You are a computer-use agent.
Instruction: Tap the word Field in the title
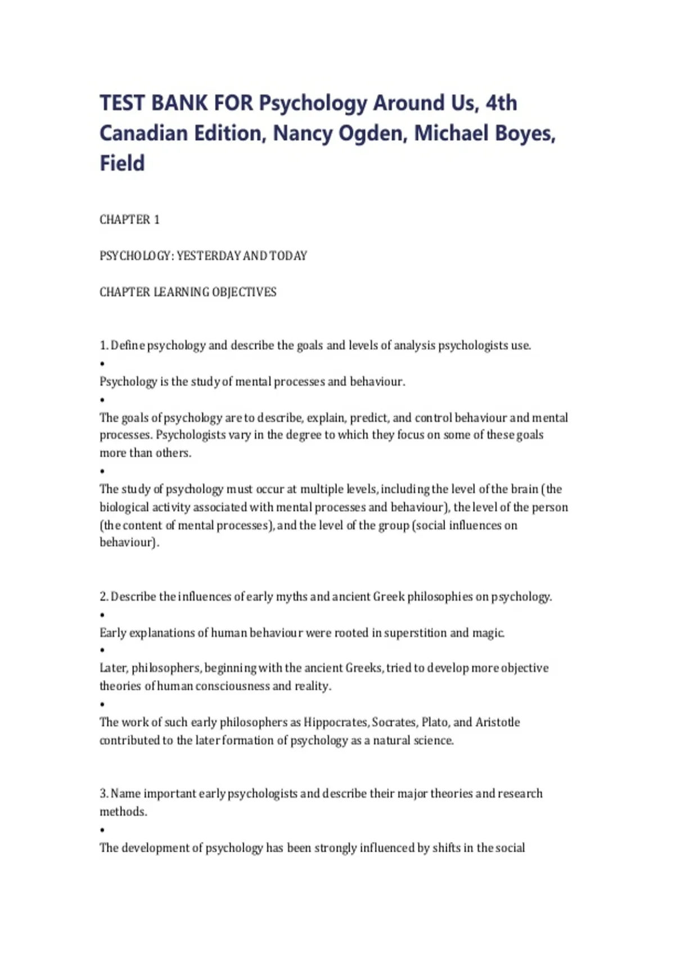pyautogui.click(x=122, y=163)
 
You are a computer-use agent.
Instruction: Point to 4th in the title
pyautogui.click(x=501, y=103)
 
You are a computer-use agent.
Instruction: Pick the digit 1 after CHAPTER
pyautogui.click(x=157, y=220)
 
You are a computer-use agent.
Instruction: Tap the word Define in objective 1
pyautogui.click(x=128, y=345)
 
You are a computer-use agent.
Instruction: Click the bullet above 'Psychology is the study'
pyautogui.click(x=102, y=364)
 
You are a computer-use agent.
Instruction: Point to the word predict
pyautogui.click(x=370, y=418)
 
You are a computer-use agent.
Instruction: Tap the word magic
pyautogui.click(x=488, y=633)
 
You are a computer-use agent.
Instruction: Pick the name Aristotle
pyautogui.click(x=498, y=722)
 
